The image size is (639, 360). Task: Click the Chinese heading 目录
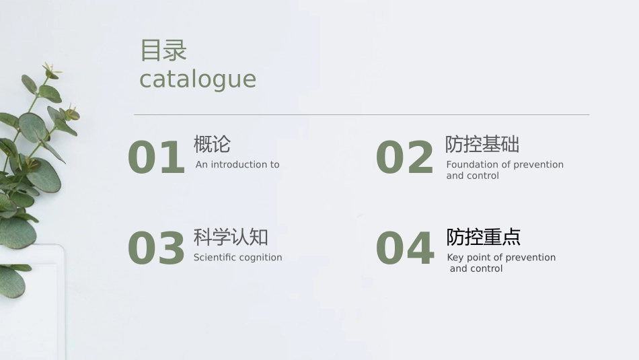163,50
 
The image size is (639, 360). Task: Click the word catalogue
198,79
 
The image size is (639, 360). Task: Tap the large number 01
156,158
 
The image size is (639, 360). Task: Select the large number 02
404,158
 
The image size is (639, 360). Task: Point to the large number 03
156,248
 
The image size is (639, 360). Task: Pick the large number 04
404,248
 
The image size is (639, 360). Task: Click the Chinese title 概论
212,144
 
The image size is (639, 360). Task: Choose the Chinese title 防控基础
482,144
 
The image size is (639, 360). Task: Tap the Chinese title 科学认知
231,237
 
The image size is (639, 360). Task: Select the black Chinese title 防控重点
484,237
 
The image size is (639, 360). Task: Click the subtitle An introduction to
237,165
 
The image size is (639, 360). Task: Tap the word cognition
261,258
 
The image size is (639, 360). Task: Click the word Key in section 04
455,258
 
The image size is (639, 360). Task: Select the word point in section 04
479,258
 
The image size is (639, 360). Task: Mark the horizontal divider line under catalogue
361,115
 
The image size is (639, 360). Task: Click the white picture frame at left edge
40,296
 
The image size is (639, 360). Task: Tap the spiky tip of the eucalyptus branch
50,69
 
